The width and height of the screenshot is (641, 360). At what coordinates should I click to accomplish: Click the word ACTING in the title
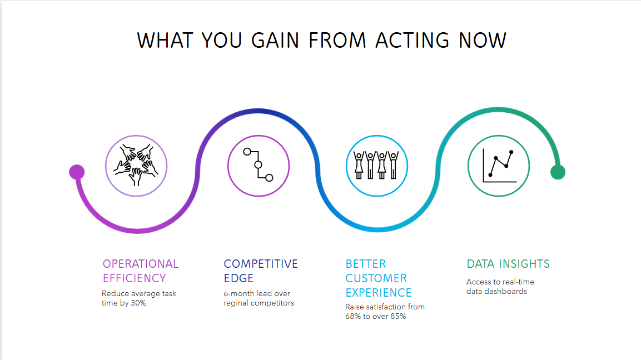tap(412, 41)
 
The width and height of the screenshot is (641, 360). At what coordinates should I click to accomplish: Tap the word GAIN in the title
tap(275, 41)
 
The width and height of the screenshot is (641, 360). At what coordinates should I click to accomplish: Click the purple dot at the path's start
tap(77, 172)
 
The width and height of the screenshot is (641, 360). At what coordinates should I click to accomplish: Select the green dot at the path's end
tap(558, 172)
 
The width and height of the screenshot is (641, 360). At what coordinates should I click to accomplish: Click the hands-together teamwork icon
tap(136, 166)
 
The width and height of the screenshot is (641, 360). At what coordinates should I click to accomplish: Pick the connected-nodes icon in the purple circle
tap(259, 164)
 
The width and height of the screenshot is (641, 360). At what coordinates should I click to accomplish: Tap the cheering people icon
tap(376, 164)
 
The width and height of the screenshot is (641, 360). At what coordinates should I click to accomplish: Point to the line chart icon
tap(499, 166)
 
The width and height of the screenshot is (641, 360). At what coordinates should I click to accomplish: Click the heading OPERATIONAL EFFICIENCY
tap(141, 271)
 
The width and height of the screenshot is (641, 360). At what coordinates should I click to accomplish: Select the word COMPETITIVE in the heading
tap(261, 264)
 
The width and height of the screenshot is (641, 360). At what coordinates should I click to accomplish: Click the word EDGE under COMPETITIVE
tap(238, 278)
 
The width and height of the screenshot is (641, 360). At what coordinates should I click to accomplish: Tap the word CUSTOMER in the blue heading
tap(376, 278)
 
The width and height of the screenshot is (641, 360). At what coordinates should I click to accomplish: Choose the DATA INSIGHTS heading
tap(508, 264)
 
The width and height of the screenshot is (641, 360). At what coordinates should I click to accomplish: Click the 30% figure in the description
tap(138, 303)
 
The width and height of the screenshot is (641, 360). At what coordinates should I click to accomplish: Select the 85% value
tap(398, 316)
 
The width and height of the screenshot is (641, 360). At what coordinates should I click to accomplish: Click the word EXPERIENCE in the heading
tap(379, 293)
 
